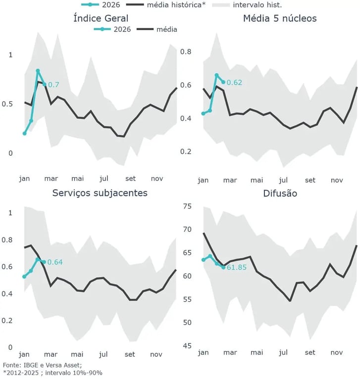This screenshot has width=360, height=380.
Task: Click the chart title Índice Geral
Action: tap(101, 19)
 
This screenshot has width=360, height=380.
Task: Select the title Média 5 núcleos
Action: tap(280, 19)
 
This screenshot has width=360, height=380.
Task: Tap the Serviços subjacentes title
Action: tap(100, 192)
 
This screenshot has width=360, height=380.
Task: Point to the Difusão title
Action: tap(280, 193)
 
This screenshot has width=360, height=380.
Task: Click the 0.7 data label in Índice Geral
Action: tap(53, 85)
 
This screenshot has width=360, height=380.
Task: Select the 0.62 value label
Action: tap(234, 83)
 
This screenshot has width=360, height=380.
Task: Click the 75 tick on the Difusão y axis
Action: tap(186, 206)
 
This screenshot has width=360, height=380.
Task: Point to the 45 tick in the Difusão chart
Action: tap(186, 345)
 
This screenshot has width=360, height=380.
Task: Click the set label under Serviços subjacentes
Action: tap(130, 354)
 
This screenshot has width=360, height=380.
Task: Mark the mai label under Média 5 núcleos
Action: tap(257, 181)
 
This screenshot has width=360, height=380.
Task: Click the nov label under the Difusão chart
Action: tap(337, 353)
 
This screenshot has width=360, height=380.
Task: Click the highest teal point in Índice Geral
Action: tap(38, 71)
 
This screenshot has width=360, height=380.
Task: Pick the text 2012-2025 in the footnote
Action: tap(23, 373)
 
